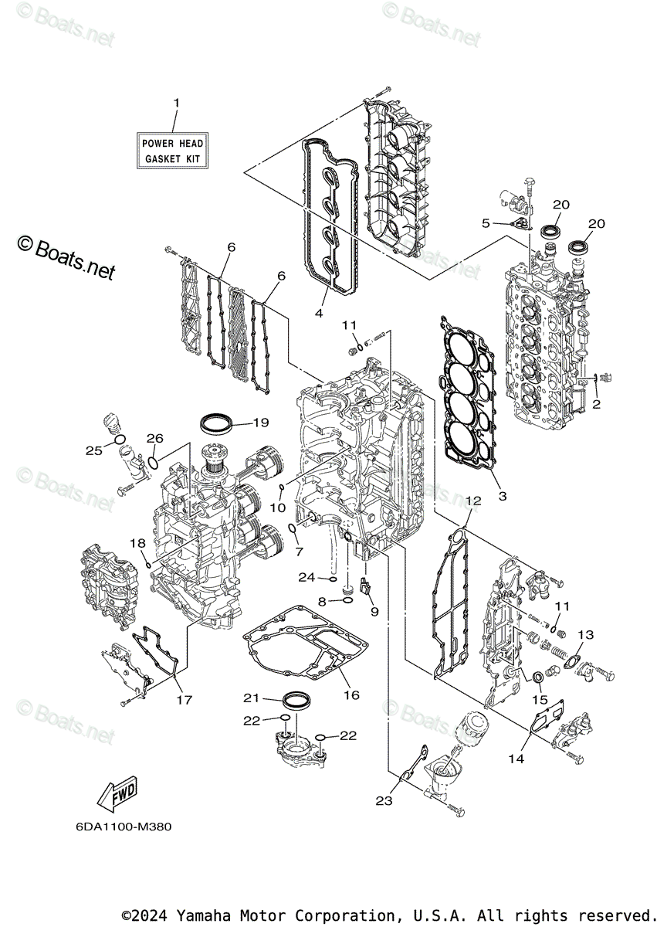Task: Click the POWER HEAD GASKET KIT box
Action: click(172, 151)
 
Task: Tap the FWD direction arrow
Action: click(115, 792)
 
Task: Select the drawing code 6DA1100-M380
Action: click(124, 827)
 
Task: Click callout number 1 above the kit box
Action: click(176, 103)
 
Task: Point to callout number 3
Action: click(502, 495)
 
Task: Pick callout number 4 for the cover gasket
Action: click(318, 313)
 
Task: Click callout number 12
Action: click(472, 501)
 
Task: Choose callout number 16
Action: click(351, 695)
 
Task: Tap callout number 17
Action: click(183, 701)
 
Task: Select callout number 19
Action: click(259, 423)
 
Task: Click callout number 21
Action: click(251, 698)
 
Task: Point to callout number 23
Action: click(384, 801)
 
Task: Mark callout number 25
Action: click(93, 450)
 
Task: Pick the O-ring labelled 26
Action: click(154, 463)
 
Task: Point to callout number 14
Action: click(516, 759)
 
